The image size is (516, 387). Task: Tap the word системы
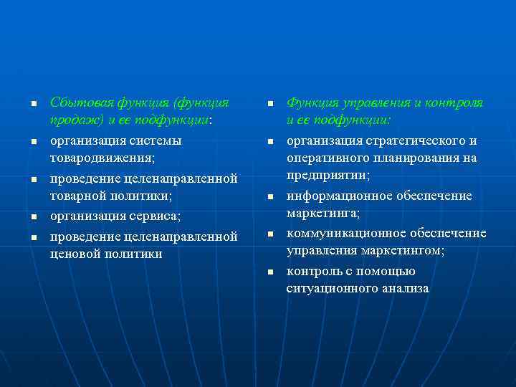(x=156, y=140)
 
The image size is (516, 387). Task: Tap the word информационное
(x=335, y=196)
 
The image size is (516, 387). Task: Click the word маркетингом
(x=406, y=252)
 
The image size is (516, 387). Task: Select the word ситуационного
(x=333, y=289)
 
